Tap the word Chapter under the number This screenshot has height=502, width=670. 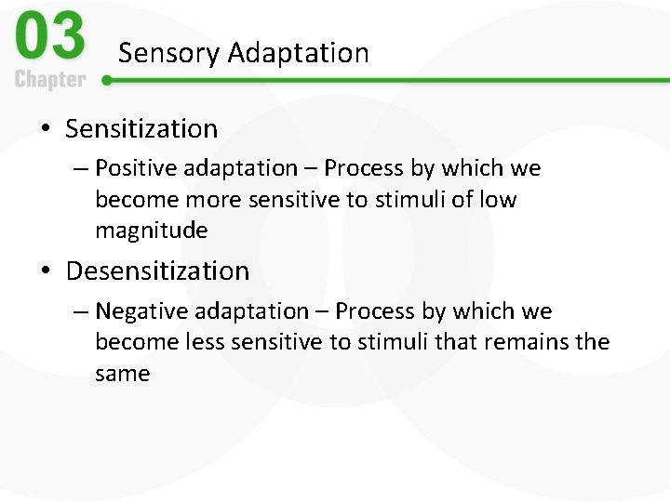tap(49, 79)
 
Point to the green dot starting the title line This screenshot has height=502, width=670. tap(107, 80)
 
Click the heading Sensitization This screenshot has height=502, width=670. tap(141, 128)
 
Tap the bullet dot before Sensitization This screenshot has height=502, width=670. tap(46, 128)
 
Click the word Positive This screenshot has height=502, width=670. tap(136, 168)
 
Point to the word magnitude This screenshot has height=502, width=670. tap(151, 231)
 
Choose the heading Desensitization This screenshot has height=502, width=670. tap(157, 271)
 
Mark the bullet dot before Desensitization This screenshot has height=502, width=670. tap(46, 271)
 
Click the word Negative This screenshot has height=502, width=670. tap(141, 311)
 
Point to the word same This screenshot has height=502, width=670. tap(122, 374)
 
